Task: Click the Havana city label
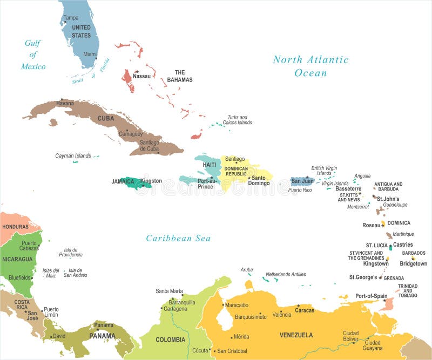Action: pos(65,104)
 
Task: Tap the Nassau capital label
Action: pos(141,76)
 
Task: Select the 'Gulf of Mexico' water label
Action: pos(33,55)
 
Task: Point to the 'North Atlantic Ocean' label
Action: pos(310,66)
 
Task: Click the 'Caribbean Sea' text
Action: pos(178,238)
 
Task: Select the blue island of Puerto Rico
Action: pos(301,181)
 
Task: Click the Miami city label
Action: pos(90,54)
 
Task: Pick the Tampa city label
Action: pos(71,18)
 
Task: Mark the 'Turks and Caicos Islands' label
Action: pos(238,120)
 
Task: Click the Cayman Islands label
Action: pos(73,155)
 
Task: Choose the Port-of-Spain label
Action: pos(371,296)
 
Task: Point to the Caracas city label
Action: pos(305,310)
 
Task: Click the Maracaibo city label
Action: pos(237,305)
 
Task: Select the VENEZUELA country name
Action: pos(296,335)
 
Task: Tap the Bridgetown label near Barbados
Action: pos(413,263)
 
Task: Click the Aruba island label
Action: pos(246,269)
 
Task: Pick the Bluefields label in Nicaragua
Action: pos(19,277)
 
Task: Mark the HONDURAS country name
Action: pos(15,227)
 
